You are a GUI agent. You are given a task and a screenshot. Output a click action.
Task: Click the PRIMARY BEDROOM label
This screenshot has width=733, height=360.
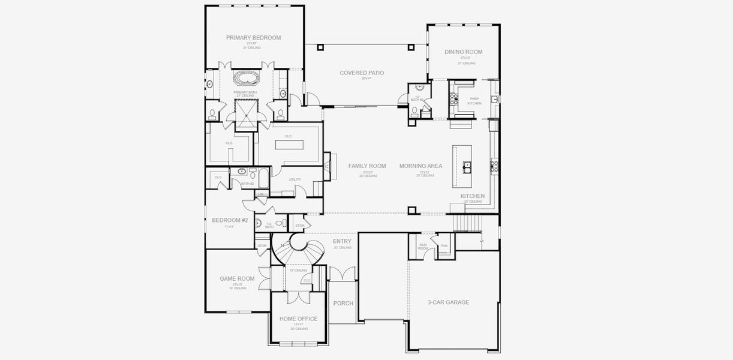[x=253, y=38]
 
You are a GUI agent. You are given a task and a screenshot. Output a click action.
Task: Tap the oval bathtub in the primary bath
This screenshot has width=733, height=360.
[x=244, y=78]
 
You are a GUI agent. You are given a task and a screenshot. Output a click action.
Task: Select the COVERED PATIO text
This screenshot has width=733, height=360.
[x=362, y=73]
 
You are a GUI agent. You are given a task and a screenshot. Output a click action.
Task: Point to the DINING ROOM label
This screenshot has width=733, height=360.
[x=463, y=52]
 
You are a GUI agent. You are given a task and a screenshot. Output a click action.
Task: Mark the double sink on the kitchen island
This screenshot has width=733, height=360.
[x=467, y=165]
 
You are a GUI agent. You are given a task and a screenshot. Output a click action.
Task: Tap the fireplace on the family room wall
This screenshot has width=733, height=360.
[x=326, y=166]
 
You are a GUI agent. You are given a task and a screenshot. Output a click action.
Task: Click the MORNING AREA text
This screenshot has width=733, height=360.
[x=420, y=166]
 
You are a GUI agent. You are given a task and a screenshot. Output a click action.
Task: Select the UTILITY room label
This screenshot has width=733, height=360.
[x=295, y=179]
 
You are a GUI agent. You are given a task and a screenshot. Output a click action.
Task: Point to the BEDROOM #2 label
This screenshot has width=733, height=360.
[x=230, y=220]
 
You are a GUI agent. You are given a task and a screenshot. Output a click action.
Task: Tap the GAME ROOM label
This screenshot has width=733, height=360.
[x=237, y=278]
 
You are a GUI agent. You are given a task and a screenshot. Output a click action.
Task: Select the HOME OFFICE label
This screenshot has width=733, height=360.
[x=298, y=319]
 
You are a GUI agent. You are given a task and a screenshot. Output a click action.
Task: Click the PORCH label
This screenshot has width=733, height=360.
[x=343, y=303]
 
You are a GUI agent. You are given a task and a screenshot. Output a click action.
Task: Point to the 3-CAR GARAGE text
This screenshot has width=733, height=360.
[x=448, y=302]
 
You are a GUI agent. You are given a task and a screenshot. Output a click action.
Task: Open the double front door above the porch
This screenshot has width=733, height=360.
[x=343, y=274]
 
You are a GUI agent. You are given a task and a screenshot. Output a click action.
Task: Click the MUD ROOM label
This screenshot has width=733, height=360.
[x=422, y=246]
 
